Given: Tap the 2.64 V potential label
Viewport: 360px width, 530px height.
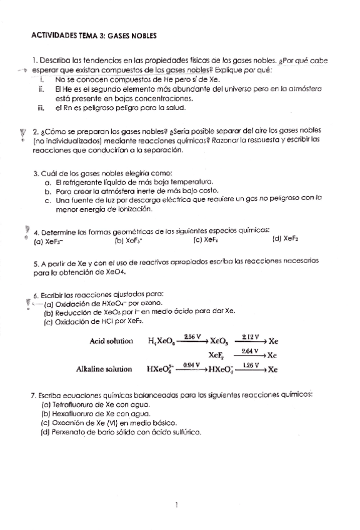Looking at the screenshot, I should pos(250,351).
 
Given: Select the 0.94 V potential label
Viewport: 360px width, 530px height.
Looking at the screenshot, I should pos(191,364).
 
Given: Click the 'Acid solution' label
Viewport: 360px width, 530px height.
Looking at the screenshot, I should pos(112,341).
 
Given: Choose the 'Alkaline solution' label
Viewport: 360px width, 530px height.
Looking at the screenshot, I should pos(104,369).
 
